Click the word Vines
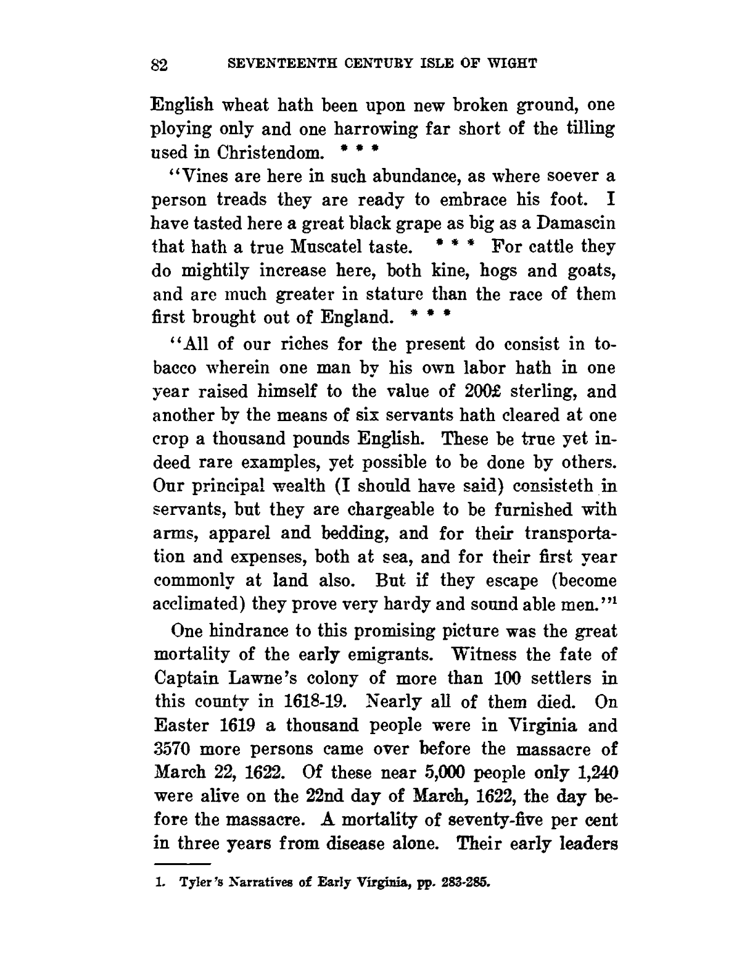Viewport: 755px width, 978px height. pos(202,176)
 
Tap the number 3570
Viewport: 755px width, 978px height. pos(173,750)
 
